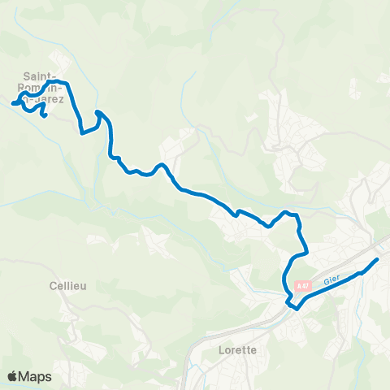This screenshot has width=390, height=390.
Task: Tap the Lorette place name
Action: [238, 350]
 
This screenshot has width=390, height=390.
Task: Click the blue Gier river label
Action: [330, 280]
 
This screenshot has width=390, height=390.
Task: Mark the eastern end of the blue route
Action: [377, 259]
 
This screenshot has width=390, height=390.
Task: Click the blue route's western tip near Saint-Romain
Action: [12, 103]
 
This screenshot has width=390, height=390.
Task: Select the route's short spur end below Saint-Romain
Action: [45, 116]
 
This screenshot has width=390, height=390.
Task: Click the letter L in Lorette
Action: [222, 350]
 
